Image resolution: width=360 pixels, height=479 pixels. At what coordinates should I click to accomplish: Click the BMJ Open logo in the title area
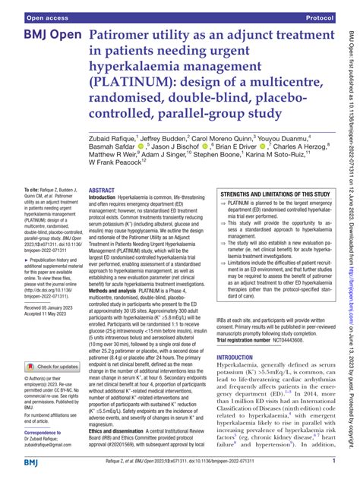point(42,36)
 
